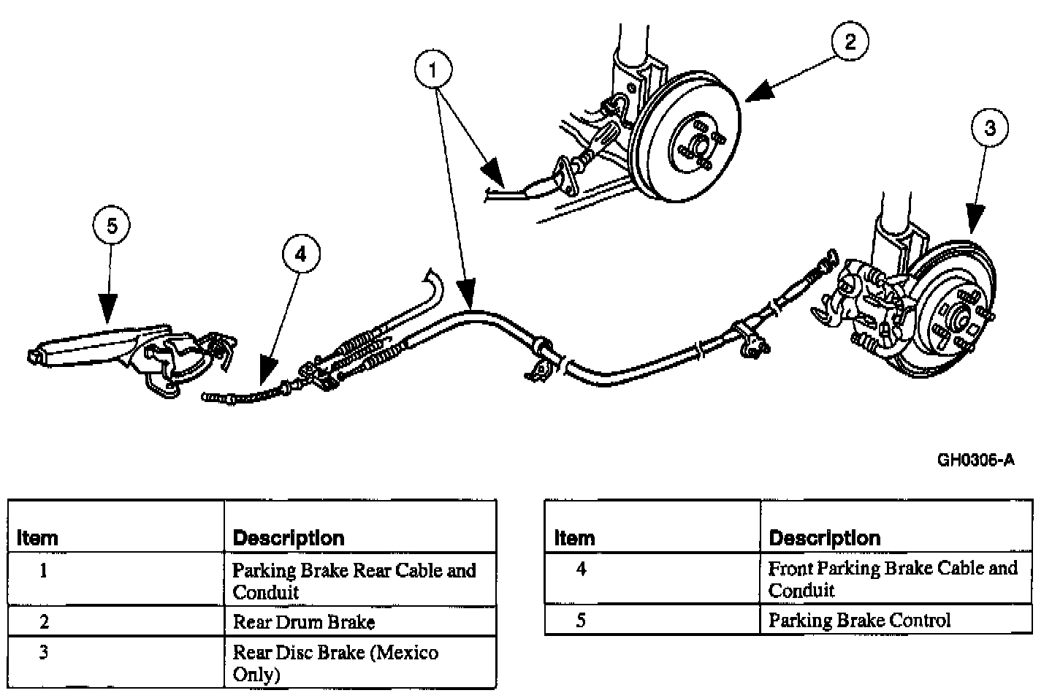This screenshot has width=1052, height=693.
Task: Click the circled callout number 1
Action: (433, 71)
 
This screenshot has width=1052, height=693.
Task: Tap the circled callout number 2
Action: (850, 42)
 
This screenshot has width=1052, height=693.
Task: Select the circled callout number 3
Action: (990, 129)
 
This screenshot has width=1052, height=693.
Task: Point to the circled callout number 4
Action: (301, 253)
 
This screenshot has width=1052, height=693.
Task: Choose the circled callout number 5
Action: (111, 226)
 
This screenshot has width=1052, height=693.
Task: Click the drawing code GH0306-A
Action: (976, 460)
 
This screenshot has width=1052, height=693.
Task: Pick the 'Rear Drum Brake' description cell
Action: (304, 622)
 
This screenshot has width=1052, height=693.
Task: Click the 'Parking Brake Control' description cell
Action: (859, 621)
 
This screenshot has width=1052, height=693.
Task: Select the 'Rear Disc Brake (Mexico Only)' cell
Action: (335, 662)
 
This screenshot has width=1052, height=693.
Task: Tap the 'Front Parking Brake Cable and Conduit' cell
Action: (892, 579)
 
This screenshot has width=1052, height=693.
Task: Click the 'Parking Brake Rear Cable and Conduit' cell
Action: (354, 580)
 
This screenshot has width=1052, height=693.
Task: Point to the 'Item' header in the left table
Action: (37, 539)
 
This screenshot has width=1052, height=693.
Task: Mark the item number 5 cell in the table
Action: (581, 621)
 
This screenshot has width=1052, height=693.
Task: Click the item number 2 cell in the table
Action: (44, 622)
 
